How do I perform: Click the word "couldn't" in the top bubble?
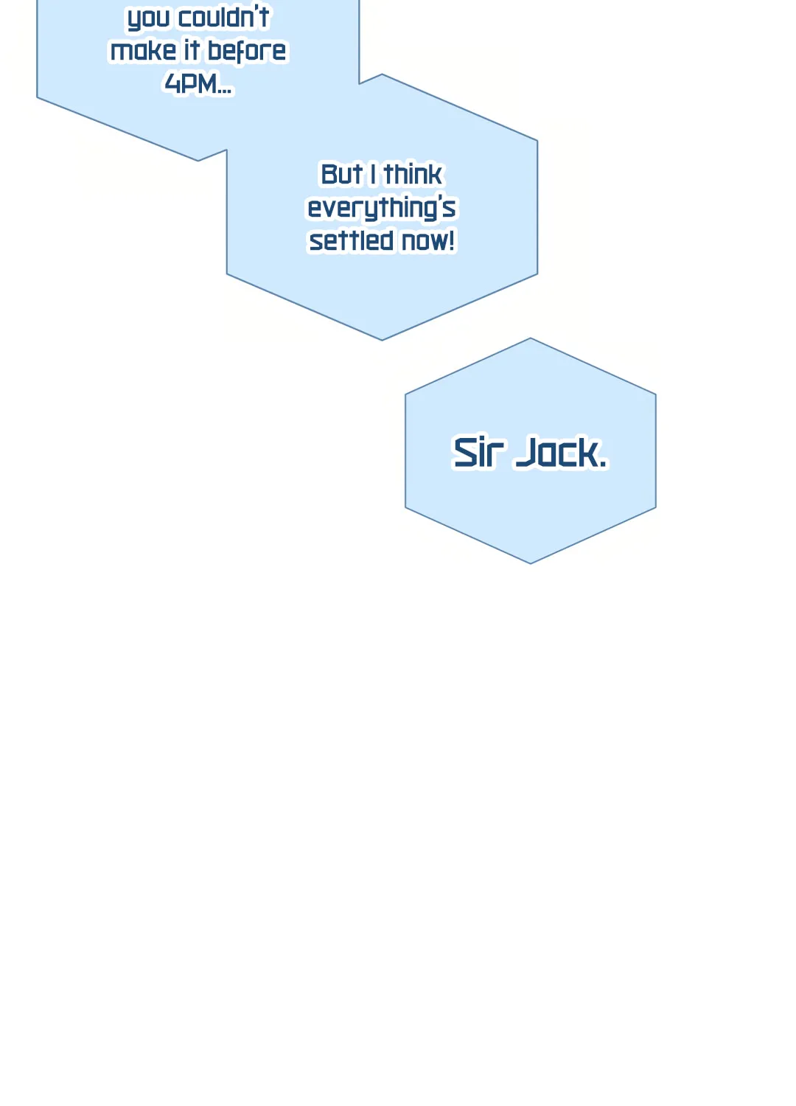pyautogui.click(x=223, y=17)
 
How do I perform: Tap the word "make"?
pyautogui.click(x=143, y=50)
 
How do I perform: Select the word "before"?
pyautogui.click(x=247, y=50)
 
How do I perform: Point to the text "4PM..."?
pyautogui.click(x=198, y=83)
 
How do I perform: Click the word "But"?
pyautogui.click(x=341, y=174)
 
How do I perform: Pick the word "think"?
pyautogui.click(x=413, y=174)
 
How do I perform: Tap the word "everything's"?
pyautogui.click(x=382, y=208)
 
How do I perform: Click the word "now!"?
pyautogui.click(x=428, y=240)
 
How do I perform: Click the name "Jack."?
pyautogui.click(x=561, y=451)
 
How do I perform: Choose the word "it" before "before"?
pyautogui.click(x=192, y=50)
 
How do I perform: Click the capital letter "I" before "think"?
pyautogui.click(x=373, y=174)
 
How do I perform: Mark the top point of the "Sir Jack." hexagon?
pyautogui.click(x=531, y=338)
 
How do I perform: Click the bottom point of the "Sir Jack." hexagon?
pyautogui.click(x=531, y=563)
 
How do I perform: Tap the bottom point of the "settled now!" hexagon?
pyautogui.click(x=382, y=340)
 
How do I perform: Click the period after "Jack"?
pyautogui.click(x=603, y=463)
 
